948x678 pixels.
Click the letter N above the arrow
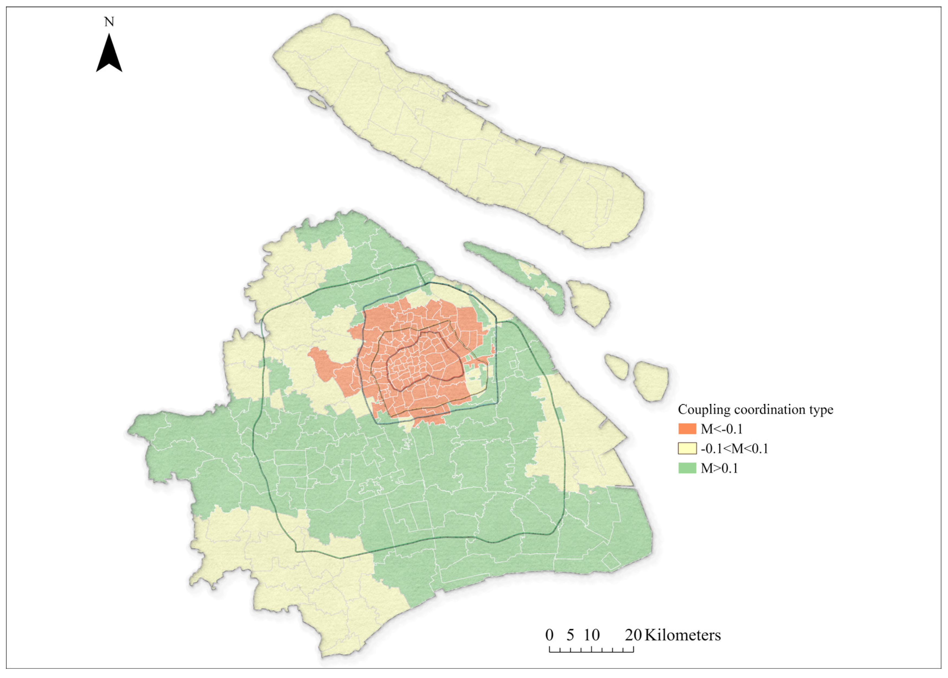click(x=109, y=22)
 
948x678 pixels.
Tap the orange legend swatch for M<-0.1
click(x=687, y=429)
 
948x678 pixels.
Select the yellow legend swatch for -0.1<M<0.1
click(x=687, y=448)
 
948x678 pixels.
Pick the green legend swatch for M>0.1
click(x=687, y=468)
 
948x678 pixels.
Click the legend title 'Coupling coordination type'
click(x=755, y=409)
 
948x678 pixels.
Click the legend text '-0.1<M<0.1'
click(x=734, y=449)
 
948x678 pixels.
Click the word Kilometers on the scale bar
click(x=682, y=635)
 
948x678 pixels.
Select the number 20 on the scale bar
click(x=633, y=635)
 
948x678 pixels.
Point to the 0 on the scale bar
click(x=550, y=635)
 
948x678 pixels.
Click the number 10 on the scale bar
click(x=591, y=635)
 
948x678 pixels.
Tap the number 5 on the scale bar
click(x=570, y=635)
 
